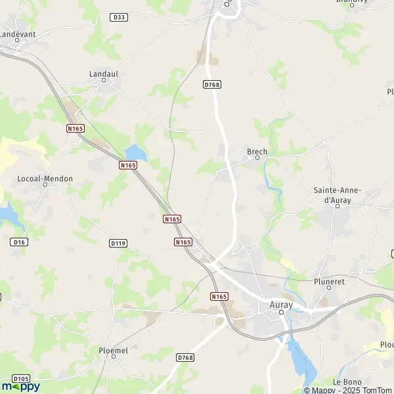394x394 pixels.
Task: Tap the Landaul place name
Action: [103, 74]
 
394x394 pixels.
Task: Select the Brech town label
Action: [257, 152]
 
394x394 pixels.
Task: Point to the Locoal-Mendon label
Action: [45, 179]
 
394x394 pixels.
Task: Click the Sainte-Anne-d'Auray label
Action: [337, 194]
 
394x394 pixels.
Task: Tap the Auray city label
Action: [281, 305]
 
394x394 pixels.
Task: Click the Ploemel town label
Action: [114, 351]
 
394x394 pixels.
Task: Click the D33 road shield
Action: [119, 17]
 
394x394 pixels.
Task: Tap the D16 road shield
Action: [19, 242]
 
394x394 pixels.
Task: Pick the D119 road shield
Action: [118, 243]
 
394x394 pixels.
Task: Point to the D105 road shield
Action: [20, 379]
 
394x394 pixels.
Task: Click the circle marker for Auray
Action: [281, 313]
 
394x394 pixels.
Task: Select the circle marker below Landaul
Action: [104, 82]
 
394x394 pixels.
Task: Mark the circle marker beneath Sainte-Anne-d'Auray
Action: [338, 206]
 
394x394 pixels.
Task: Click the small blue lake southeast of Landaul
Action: [135, 152]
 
